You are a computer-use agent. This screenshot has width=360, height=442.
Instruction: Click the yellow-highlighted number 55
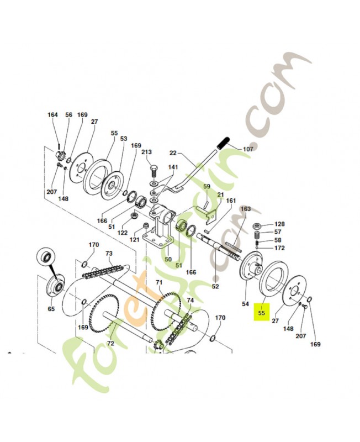(x=261, y=313)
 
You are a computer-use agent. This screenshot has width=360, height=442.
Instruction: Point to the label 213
(x=146, y=151)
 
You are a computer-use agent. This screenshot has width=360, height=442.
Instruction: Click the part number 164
(x=52, y=115)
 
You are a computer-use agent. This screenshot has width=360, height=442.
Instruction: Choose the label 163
(x=245, y=209)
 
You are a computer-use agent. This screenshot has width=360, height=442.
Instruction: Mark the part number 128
(x=280, y=224)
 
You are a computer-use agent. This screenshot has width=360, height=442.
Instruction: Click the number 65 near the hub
(x=51, y=309)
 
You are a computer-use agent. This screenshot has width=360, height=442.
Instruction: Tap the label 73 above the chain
(x=109, y=252)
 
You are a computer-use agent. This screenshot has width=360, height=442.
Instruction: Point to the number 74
(x=190, y=301)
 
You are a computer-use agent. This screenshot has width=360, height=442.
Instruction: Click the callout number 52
(x=215, y=286)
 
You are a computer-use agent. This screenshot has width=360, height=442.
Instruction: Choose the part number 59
(x=207, y=187)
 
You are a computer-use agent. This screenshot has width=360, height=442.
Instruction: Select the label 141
(x=173, y=167)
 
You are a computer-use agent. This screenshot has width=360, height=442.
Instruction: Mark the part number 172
(x=280, y=249)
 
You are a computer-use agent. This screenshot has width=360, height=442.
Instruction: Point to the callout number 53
(x=124, y=139)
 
